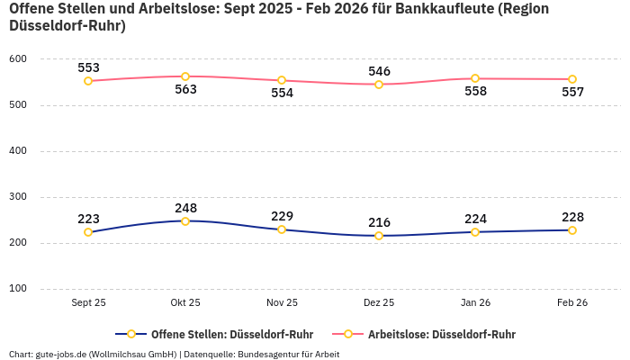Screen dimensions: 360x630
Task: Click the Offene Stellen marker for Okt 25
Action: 185,220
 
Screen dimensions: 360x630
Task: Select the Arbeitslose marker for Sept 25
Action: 88,81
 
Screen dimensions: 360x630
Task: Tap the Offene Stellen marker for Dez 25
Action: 379,236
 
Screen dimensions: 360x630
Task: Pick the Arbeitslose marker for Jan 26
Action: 475,78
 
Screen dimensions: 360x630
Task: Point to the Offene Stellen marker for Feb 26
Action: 572,230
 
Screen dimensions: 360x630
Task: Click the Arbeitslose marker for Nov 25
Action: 282,80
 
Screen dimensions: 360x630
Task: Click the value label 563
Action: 185,90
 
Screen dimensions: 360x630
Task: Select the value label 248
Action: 185,207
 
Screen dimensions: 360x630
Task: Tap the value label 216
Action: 379,222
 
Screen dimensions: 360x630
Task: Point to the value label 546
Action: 379,71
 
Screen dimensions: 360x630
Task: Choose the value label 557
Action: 572,93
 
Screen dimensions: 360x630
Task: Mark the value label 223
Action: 88,219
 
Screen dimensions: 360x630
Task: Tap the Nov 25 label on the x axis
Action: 282,303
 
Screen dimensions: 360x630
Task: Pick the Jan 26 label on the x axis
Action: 475,303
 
